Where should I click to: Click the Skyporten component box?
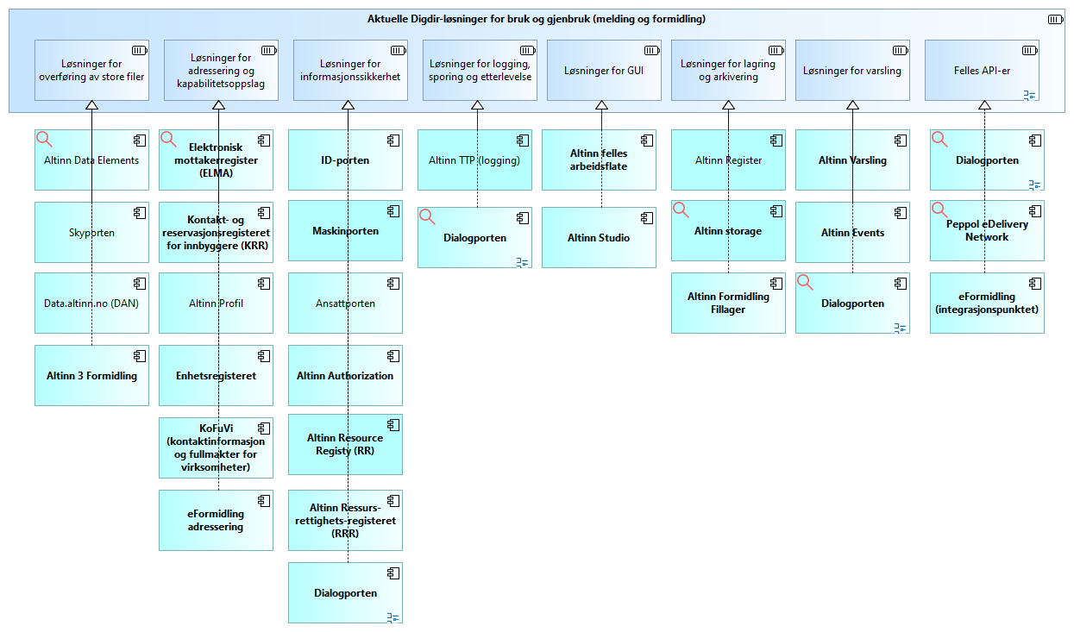91,233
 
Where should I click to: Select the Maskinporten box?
345,230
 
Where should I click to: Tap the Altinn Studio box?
599,237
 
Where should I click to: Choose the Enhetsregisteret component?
216,375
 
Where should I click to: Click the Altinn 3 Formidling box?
91,375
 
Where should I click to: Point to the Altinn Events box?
852,233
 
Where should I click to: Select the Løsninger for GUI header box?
604,71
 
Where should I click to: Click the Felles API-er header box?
982,71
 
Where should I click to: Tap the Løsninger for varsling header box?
852,71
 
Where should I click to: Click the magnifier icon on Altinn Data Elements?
44,140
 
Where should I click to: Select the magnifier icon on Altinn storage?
681,210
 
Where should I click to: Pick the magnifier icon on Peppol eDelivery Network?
939,210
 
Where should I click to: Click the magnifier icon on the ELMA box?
168,140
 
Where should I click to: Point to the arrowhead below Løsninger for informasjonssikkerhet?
349,105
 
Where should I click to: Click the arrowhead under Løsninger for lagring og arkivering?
728,105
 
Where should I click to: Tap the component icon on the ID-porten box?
393,141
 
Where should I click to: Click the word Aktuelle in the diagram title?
387,19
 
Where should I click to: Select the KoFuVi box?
216,447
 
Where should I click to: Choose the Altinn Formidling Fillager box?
728,303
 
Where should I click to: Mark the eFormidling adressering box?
216,520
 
